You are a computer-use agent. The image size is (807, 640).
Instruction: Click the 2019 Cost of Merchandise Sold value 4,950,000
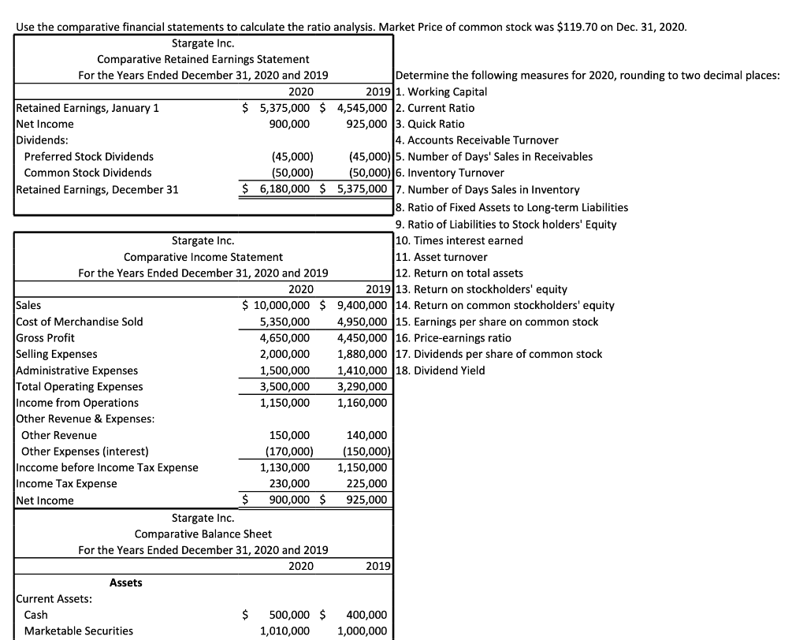(362, 322)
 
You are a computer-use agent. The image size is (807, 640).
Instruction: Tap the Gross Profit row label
(45, 337)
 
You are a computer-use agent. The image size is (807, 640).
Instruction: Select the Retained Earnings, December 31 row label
(97, 189)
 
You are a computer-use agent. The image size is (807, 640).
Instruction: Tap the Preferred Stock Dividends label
(89, 156)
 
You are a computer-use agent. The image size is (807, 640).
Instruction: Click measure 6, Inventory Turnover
(450, 173)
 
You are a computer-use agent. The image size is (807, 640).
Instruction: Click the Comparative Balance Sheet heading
(203, 534)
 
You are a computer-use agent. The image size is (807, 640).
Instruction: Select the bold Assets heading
(126, 582)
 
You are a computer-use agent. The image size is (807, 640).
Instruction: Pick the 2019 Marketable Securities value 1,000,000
(362, 631)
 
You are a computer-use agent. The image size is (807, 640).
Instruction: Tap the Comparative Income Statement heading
(203, 257)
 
